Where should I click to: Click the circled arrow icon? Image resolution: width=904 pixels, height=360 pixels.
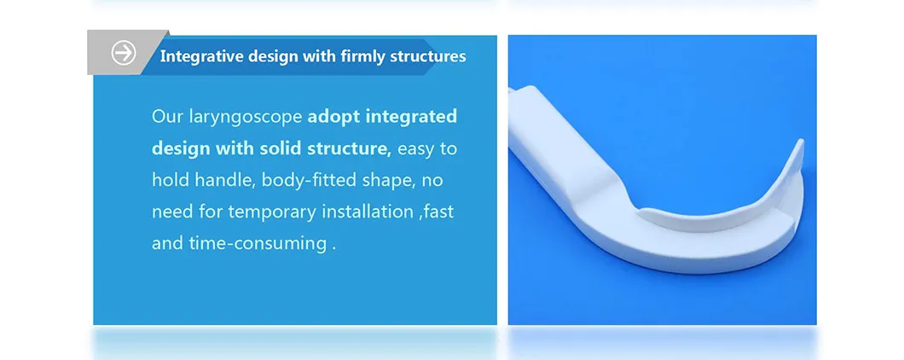[x=124, y=53]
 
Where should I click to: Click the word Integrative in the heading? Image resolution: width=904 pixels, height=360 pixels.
[x=199, y=56]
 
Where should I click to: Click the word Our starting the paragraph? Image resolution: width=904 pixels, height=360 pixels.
[x=166, y=116]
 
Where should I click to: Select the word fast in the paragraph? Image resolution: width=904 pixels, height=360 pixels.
[x=438, y=212]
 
